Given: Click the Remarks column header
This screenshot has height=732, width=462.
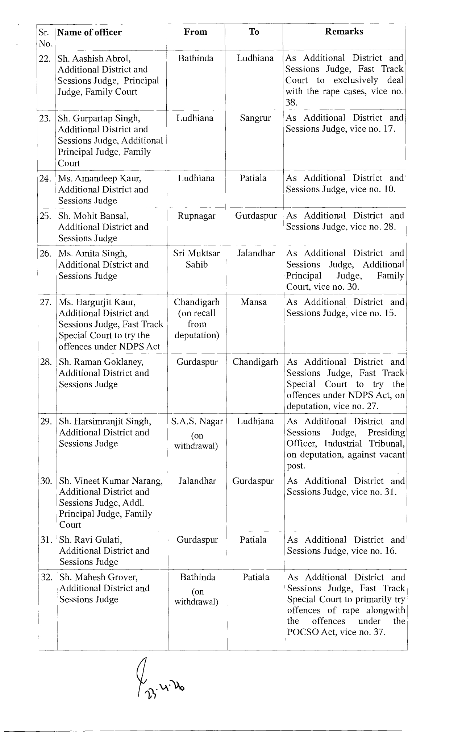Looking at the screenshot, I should pos(344,32).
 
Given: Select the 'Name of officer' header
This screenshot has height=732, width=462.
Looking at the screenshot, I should pos(90,33).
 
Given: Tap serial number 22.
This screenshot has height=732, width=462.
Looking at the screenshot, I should pos(45,59).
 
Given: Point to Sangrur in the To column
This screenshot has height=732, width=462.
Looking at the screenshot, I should pos(255,118).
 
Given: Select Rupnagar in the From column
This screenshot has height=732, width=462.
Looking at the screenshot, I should pos(196,216).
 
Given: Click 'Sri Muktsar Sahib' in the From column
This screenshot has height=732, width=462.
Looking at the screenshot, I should pos(196,259).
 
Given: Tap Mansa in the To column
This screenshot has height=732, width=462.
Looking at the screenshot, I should pos(254,302).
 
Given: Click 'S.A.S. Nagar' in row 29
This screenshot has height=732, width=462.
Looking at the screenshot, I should pos(197,421).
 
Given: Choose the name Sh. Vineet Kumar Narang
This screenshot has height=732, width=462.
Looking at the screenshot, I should pos(111,481).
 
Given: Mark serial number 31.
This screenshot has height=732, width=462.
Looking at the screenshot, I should pos(47,540).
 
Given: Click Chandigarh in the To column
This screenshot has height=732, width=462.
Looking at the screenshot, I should pos(255,362).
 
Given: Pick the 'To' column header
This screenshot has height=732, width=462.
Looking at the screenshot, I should pos(254,32).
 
